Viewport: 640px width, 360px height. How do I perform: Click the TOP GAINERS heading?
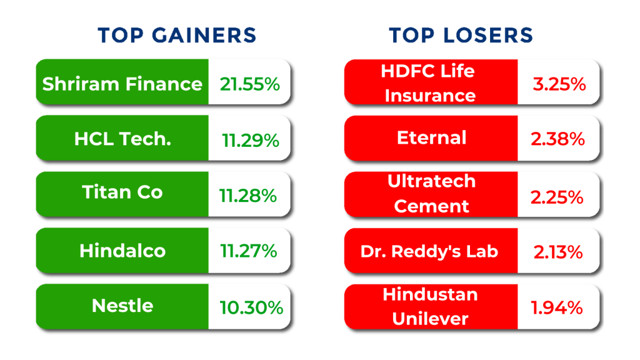177,35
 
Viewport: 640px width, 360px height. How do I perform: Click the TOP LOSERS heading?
461,35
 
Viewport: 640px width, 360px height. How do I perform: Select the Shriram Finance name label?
122,84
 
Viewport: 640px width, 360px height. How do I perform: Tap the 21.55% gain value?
250,84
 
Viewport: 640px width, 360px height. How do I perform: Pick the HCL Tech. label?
122,139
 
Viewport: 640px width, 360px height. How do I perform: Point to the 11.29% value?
250,141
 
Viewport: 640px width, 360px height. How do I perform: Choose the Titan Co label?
122,192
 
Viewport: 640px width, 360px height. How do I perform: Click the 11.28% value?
248,196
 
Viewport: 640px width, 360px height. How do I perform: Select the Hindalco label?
122,251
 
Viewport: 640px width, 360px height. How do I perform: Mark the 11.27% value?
248,251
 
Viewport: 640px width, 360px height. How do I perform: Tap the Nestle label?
122,306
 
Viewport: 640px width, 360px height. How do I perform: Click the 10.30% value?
251,307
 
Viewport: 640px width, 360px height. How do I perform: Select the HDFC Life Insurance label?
430,82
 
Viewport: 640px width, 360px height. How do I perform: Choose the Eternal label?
431,137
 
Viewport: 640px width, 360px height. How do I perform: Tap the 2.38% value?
557,139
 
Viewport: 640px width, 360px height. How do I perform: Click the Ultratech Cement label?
431,194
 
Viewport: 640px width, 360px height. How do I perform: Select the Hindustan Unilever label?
430,306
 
